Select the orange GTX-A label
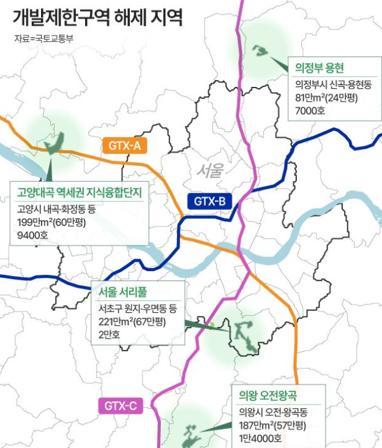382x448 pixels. pos(127,146)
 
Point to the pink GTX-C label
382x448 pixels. pos(119,405)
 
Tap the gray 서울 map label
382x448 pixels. pos(211,171)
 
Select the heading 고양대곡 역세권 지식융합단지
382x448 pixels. pos(78,194)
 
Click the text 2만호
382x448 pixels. pos(110,334)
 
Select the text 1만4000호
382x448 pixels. pos(261,438)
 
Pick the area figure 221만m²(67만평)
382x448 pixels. pos(134,321)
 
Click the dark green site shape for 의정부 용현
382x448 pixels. pos(261,50)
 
